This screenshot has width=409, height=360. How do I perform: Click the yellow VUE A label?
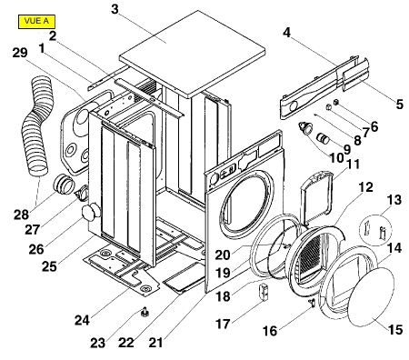click(36, 22)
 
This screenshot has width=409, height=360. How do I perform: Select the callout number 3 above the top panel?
click(115, 9)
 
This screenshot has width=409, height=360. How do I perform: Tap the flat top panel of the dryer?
click(193, 54)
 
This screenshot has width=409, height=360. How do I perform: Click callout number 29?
click(20, 53)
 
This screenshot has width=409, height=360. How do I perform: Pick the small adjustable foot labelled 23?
click(145, 312)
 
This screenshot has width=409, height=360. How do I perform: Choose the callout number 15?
click(395, 329)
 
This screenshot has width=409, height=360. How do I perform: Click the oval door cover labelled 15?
click(371, 296)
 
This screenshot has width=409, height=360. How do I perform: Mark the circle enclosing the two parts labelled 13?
click(375, 230)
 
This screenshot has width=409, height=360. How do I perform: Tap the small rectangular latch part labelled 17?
click(264, 291)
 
